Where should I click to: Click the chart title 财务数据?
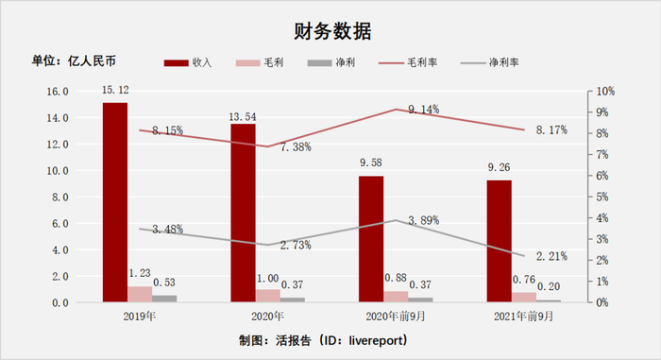pos(330,30)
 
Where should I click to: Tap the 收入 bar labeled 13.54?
pos(243,213)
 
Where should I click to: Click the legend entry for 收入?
pos(189,62)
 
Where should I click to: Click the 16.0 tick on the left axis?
pos(58,92)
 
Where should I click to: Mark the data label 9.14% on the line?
pos(423,111)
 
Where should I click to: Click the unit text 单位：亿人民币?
pos(73,61)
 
